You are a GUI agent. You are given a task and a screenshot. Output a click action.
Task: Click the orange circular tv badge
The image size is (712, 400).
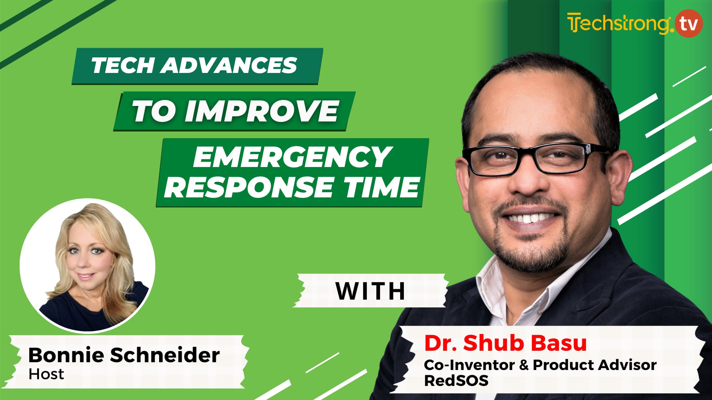(x=689, y=24)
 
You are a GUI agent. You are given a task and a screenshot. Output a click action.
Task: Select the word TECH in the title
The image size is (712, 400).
(x=123, y=66)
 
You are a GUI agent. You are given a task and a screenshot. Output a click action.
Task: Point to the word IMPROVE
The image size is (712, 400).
(x=262, y=111)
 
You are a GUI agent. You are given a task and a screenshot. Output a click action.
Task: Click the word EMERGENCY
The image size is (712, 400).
(x=292, y=157)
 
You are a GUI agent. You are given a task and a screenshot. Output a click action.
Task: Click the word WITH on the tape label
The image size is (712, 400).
(x=370, y=291)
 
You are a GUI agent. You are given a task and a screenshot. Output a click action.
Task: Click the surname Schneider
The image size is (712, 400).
(x=165, y=355)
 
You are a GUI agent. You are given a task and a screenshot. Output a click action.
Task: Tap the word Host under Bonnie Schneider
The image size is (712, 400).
(x=46, y=374)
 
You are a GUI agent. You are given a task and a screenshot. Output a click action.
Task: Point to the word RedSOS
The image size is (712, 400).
(x=456, y=381)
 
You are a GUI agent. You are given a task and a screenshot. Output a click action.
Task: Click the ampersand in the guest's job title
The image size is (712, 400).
(x=524, y=365)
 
